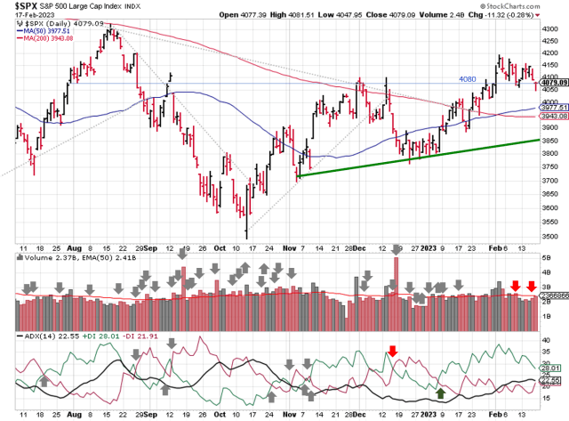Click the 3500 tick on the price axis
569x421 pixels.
(x=550, y=223)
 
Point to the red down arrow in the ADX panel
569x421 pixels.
(x=392, y=351)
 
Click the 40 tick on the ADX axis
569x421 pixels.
(x=547, y=340)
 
